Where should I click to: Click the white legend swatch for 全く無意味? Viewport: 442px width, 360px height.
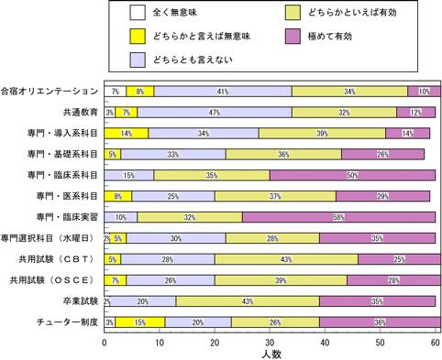tap(138, 13)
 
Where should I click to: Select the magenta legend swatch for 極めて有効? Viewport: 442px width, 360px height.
tap(293, 36)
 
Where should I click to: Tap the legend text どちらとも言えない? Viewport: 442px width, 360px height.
tap(193, 60)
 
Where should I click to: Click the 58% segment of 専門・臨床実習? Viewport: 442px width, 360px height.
tap(338, 217)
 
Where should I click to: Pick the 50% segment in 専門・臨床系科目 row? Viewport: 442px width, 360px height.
tap(352, 175)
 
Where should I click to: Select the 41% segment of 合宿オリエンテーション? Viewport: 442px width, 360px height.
tap(223, 92)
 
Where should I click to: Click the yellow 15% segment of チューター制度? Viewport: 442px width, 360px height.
tap(140, 322)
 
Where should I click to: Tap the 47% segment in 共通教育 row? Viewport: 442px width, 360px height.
tap(215, 113)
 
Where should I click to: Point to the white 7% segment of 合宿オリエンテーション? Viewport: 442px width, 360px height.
tap(116, 92)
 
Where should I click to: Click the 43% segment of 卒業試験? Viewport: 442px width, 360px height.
tap(248, 301)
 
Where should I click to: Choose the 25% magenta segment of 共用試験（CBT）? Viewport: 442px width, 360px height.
tap(400, 259)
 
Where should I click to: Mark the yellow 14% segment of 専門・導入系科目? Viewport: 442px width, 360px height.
tap(127, 134)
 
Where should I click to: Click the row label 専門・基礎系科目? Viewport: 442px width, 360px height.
tap(62, 154)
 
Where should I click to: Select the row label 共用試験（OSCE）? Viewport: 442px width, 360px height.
tap(51, 280)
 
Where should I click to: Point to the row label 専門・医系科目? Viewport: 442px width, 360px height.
tap(67, 196)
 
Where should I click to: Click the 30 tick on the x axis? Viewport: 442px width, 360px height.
tap(270, 343)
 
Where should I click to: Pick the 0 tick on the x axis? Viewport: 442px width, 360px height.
tap(105, 343)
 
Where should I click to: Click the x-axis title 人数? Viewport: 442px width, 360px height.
tap(271, 355)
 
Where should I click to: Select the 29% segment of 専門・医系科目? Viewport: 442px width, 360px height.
tap(383, 196)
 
